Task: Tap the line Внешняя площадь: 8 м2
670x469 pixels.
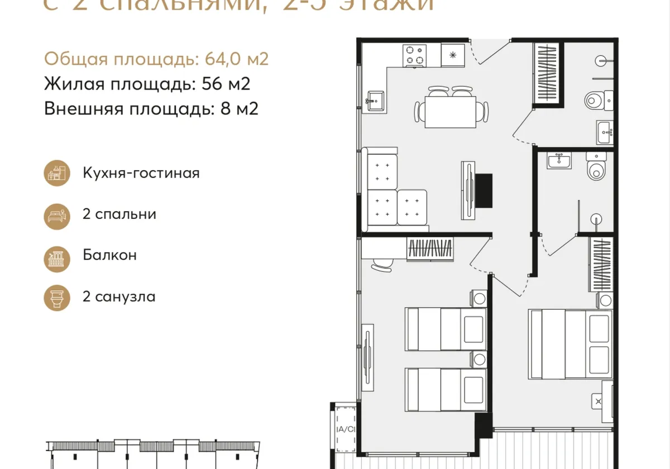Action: [151, 108]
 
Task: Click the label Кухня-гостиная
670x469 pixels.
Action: [141, 173]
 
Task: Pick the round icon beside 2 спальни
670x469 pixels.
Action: [57, 214]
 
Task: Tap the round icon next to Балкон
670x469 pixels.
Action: [57, 256]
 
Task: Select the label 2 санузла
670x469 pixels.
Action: [118, 296]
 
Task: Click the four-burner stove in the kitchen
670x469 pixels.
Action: [415, 55]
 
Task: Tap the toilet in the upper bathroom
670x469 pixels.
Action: [596, 100]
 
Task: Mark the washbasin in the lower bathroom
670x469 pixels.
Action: [559, 161]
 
